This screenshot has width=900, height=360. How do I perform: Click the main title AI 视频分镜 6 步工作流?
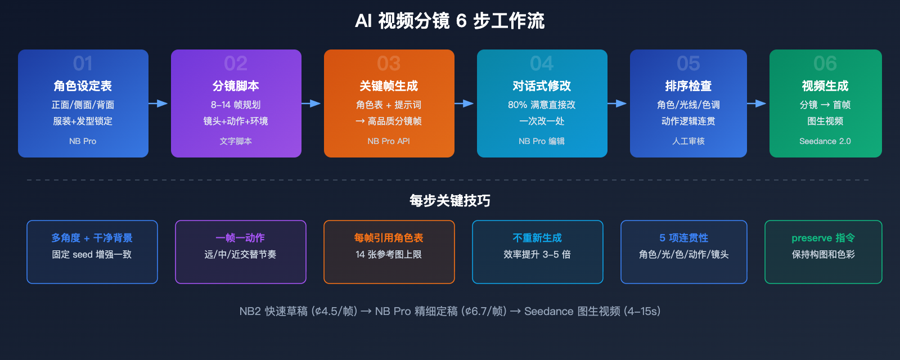[x=450, y=21]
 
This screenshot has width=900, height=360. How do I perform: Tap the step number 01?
[x=83, y=63]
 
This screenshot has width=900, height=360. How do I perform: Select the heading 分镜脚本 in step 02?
[x=236, y=86]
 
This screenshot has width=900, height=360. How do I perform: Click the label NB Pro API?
[x=389, y=141]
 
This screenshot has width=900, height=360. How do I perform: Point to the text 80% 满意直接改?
[x=542, y=105]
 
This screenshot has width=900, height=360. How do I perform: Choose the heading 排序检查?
[x=688, y=86]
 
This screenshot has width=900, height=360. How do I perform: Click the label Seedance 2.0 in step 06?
[x=825, y=141]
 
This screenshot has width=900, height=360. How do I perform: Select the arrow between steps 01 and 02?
[x=159, y=103]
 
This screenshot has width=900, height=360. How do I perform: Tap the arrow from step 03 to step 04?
[x=465, y=103]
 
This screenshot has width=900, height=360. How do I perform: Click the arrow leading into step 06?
[x=757, y=103]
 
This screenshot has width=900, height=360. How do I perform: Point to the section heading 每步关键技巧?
[x=450, y=201]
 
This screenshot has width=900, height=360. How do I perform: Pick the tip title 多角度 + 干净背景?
[x=92, y=238]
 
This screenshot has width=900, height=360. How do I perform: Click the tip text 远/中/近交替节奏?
[x=240, y=254]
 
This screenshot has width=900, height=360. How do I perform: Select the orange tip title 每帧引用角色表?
[x=389, y=238]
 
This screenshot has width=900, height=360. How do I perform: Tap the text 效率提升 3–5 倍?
[x=537, y=254]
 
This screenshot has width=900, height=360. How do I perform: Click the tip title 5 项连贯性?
[x=683, y=238]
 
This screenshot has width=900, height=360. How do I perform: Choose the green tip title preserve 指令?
[x=823, y=238]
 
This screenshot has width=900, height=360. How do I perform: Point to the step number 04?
[x=542, y=63]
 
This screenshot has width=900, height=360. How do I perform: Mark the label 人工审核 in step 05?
[x=688, y=141]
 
